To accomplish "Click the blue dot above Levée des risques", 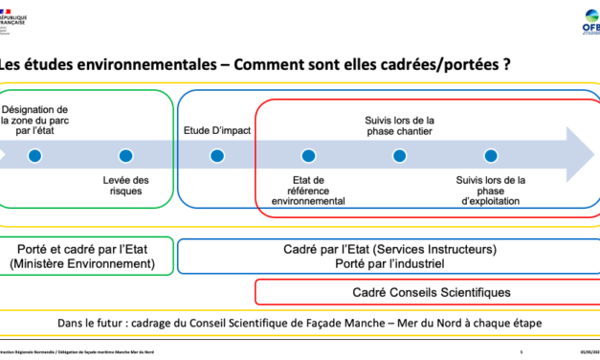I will pyautogui.click(x=125, y=155).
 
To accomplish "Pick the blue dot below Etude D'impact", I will pyautogui.click(x=217, y=155).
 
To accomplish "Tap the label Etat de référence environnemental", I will pyautogui.click(x=308, y=191).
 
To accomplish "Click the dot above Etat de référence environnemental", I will pyautogui.click(x=308, y=155).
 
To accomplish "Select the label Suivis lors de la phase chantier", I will pyautogui.click(x=399, y=124).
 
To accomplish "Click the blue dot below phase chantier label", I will pyautogui.click(x=399, y=155).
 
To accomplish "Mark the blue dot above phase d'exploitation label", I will pyautogui.click(x=491, y=155).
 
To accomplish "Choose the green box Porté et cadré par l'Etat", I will pyautogui.click(x=87, y=256).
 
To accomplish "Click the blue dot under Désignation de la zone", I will pyautogui.click(x=34, y=155).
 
